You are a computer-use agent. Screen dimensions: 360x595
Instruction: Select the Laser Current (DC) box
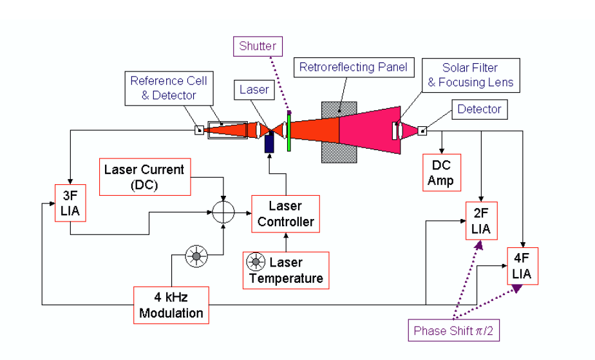[x=144, y=176]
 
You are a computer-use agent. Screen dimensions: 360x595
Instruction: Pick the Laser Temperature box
[x=286, y=270]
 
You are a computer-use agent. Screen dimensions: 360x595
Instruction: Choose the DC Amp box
[x=440, y=173]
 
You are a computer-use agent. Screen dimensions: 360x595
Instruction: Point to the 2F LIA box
[x=481, y=220]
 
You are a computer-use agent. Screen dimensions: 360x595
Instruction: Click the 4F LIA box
[x=522, y=265]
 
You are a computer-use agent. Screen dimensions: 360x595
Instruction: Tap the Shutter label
[x=258, y=46]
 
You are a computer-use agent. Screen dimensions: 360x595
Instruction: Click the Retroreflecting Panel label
[x=354, y=66]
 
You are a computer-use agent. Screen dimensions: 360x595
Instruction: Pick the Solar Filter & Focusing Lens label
[x=470, y=75]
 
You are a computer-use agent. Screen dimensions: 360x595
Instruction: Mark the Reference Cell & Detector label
[x=169, y=88]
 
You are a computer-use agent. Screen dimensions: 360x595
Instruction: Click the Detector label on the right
[x=478, y=109]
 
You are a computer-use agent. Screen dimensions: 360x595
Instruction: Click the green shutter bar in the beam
[x=290, y=131]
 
